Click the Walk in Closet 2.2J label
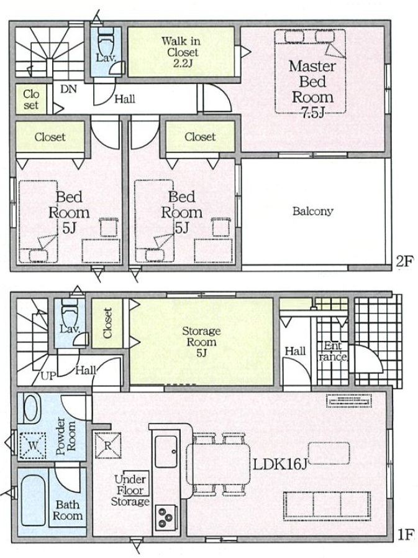tap(181, 52)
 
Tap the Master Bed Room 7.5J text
tap(312, 90)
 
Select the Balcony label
tap(312, 212)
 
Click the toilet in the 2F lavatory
tap(104, 39)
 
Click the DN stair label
tap(68, 89)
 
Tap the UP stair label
tap(47, 376)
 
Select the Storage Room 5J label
tap(201, 342)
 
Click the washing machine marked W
tap(32, 445)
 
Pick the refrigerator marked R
tap(108, 445)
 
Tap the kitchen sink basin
tap(166, 451)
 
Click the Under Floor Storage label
tap(130, 490)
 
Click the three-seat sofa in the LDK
tap(327, 506)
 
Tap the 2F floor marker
tap(405, 262)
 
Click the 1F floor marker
tap(405, 535)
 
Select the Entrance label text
tap(333, 351)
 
